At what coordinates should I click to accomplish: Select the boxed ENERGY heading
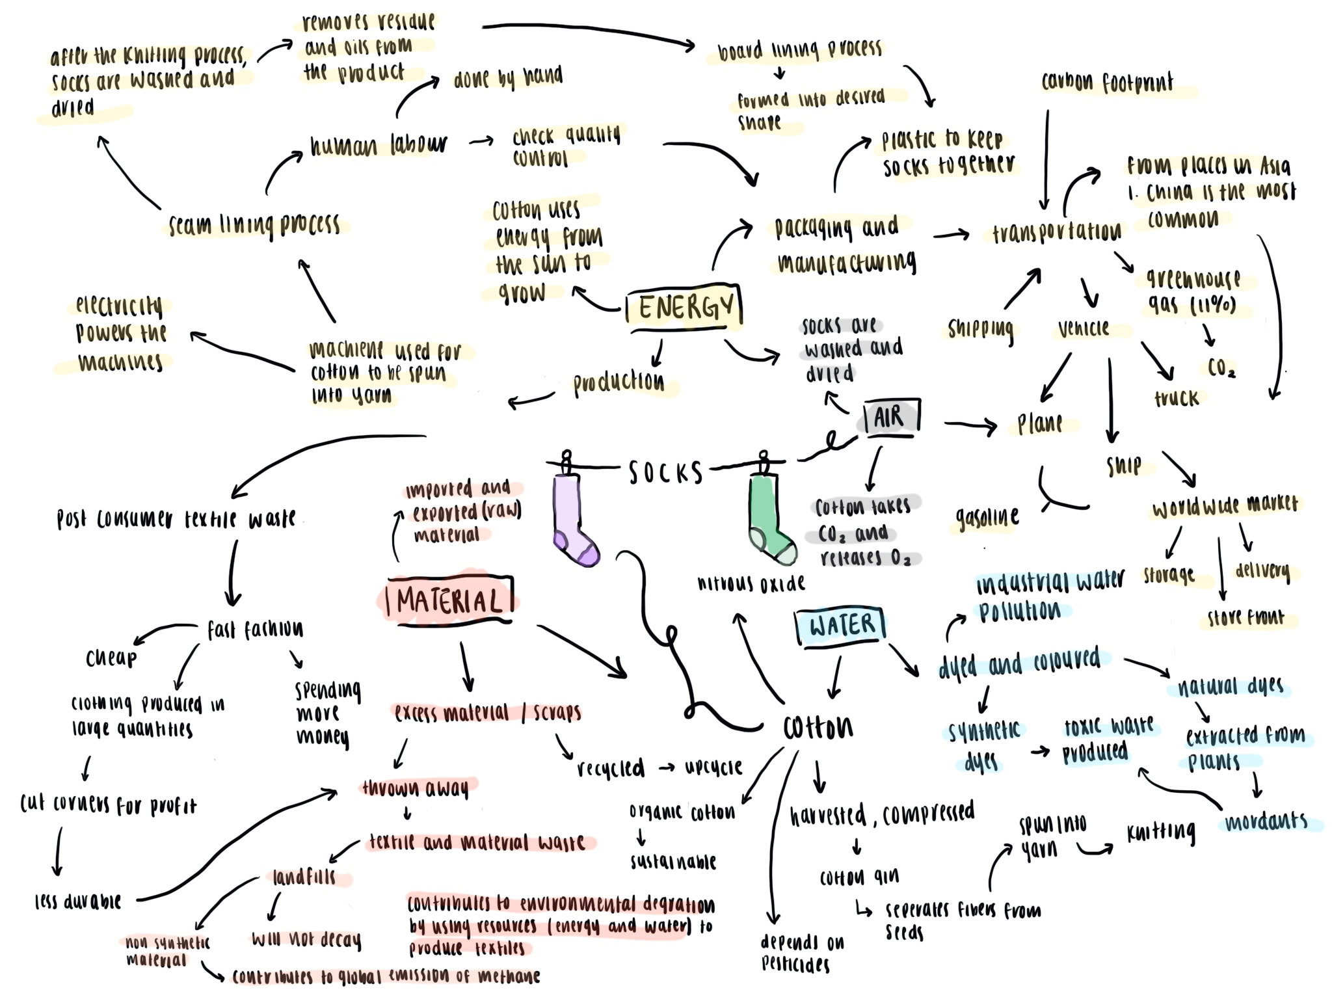(684, 306)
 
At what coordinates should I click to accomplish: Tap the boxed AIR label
(890, 416)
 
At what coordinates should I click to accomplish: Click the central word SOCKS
(665, 472)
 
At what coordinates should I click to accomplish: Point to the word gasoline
(987, 518)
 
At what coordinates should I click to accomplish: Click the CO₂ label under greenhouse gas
(1221, 368)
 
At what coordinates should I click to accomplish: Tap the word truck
(1176, 397)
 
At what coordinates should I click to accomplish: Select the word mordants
(1266, 822)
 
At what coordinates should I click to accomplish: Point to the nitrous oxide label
(751, 583)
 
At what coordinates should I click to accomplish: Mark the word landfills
(304, 877)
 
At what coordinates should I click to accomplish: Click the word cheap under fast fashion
(111, 658)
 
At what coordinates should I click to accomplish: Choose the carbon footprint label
(1107, 83)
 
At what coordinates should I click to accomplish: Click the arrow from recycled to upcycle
(665, 767)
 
